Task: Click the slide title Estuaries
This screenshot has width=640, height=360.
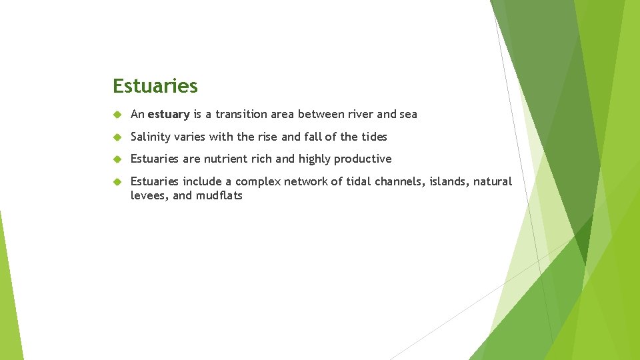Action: coord(155,86)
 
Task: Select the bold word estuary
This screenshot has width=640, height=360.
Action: coord(169,114)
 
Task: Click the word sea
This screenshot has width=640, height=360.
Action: coord(408,114)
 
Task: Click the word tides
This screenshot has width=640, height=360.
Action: coord(374,137)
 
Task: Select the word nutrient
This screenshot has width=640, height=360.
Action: coord(226,159)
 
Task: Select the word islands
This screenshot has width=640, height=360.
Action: coord(449,181)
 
